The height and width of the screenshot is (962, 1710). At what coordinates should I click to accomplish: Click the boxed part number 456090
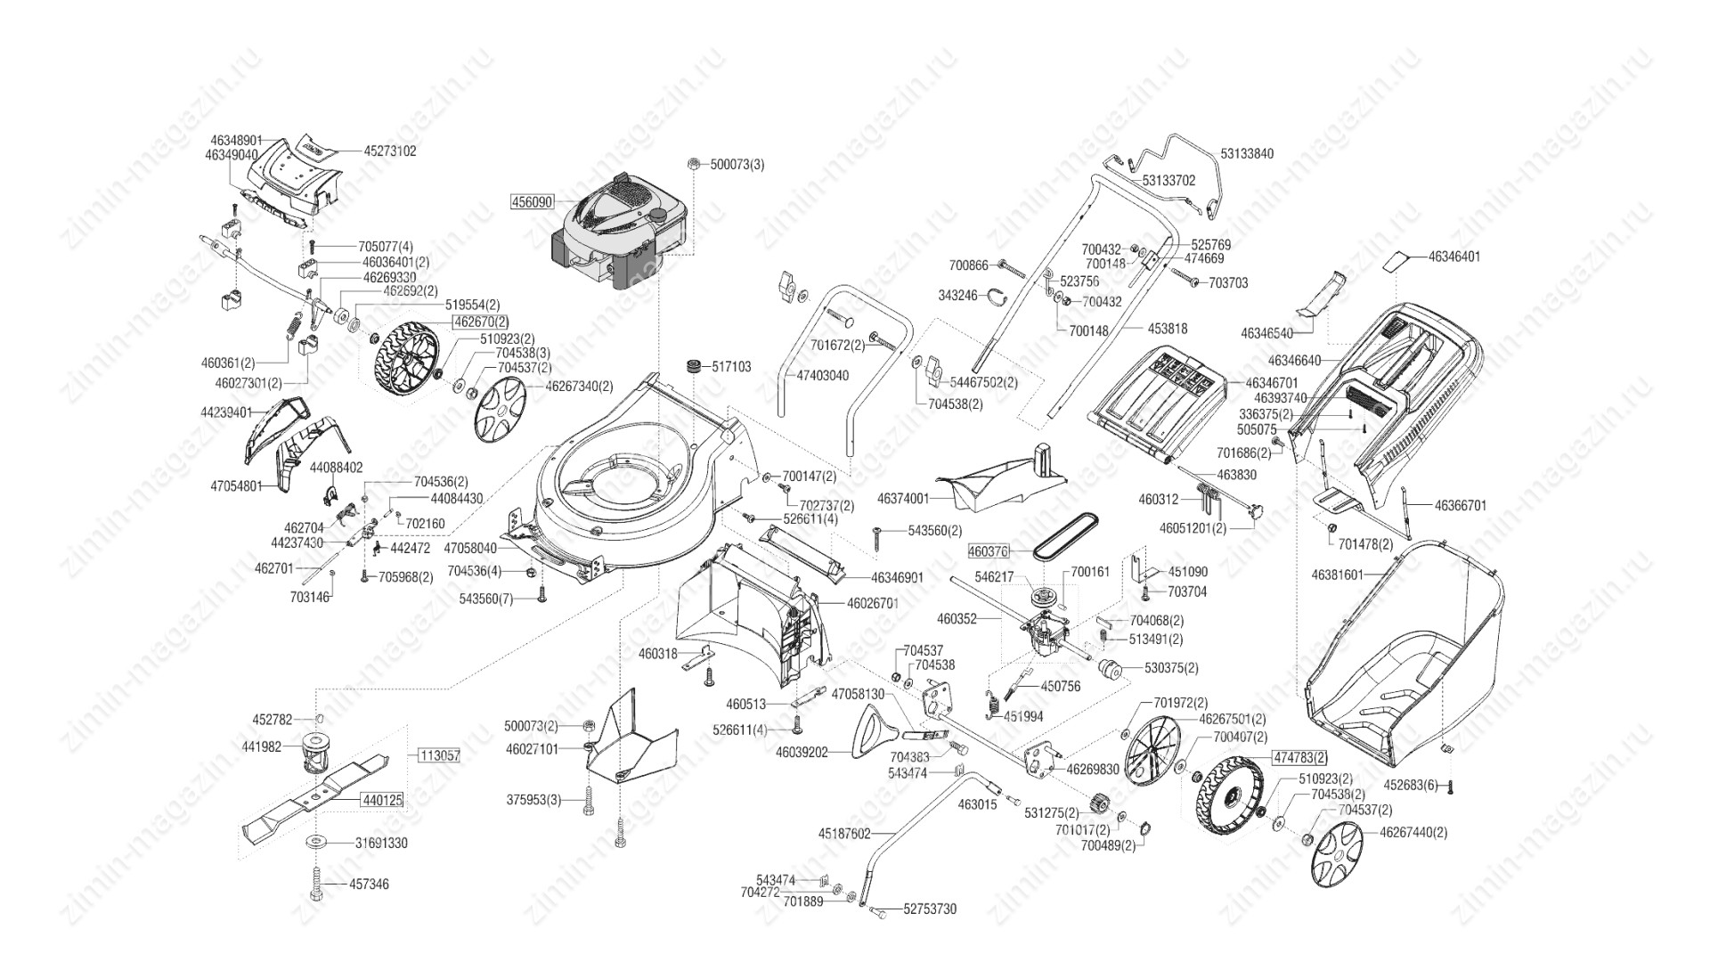[x=531, y=202]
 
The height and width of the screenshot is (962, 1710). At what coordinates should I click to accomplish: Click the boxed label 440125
[x=382, y=801]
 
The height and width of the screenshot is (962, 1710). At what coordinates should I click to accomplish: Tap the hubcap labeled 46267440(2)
[x=1338, y=854]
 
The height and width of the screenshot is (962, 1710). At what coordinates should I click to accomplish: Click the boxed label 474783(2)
[x=1299, y=758]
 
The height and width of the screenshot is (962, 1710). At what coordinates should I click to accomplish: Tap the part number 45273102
[x=390, y=151]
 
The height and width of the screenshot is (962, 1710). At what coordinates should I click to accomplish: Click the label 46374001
[x=903, y=499]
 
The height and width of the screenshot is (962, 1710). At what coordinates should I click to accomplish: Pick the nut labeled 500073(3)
[x=693, y=164]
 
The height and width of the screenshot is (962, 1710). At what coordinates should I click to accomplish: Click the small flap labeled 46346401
[x=1396, y=261]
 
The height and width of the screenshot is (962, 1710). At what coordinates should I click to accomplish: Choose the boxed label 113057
[x=438, y=755]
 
